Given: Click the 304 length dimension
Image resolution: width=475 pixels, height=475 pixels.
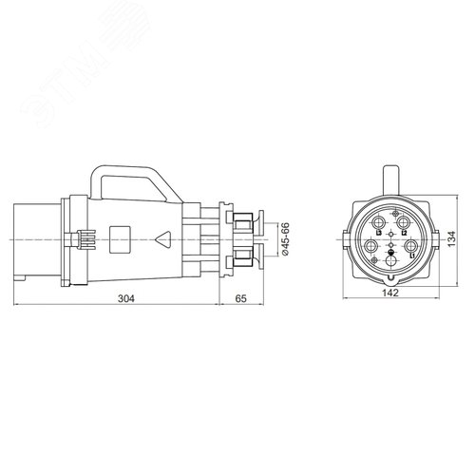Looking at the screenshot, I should click(125, 298).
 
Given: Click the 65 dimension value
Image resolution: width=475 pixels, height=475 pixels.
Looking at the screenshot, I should click(240, 298).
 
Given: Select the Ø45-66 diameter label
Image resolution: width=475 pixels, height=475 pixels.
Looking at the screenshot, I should click(284, 240).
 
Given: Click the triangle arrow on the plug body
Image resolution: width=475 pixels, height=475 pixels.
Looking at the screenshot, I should click(164, 240).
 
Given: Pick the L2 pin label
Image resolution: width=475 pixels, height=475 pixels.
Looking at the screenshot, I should click(405, 233).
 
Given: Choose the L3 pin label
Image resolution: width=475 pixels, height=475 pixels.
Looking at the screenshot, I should click(379, 233).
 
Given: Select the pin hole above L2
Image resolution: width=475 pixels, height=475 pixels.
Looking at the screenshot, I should click(402, 222).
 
